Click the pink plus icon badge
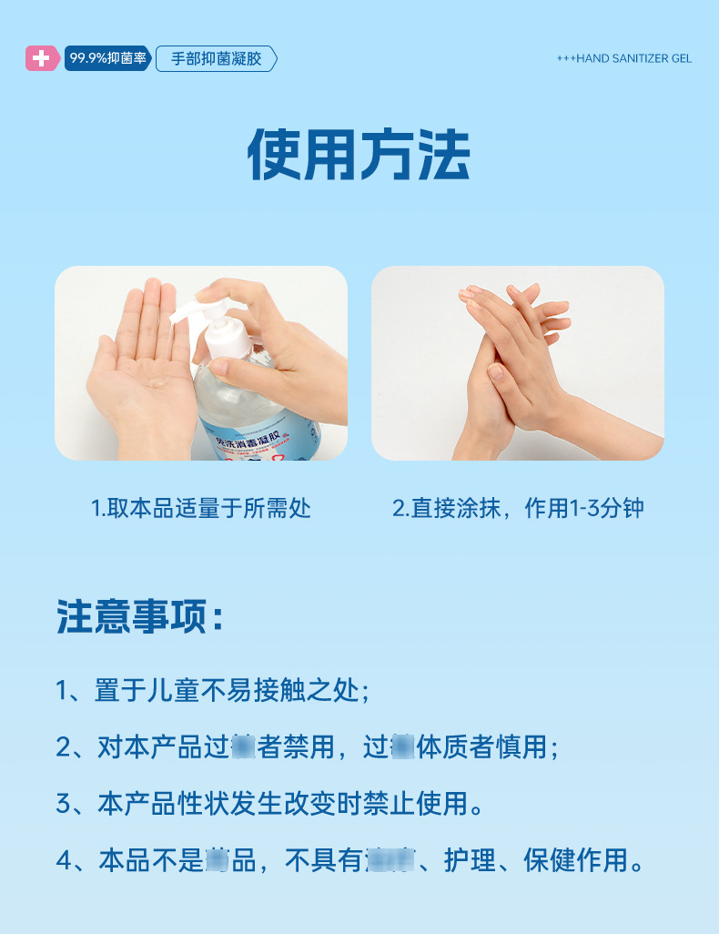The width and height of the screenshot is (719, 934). (x=41, y=58)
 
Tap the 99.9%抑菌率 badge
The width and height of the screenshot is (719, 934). (x=107, y=58)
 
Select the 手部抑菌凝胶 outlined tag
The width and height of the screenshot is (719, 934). (x=216, y=58)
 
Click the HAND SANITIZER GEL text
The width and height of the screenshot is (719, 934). (x=624, y=58)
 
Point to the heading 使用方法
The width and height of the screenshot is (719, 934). (x=359, y=156)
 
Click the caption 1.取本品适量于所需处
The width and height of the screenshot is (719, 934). (x=201, y=508)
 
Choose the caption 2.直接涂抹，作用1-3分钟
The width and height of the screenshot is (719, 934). (x=518, y=508)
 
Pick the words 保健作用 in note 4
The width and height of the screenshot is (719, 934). (x=575, y=860)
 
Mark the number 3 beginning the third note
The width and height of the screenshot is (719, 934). (x=64, y=804)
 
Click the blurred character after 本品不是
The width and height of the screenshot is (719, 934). (x=217, y=860)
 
